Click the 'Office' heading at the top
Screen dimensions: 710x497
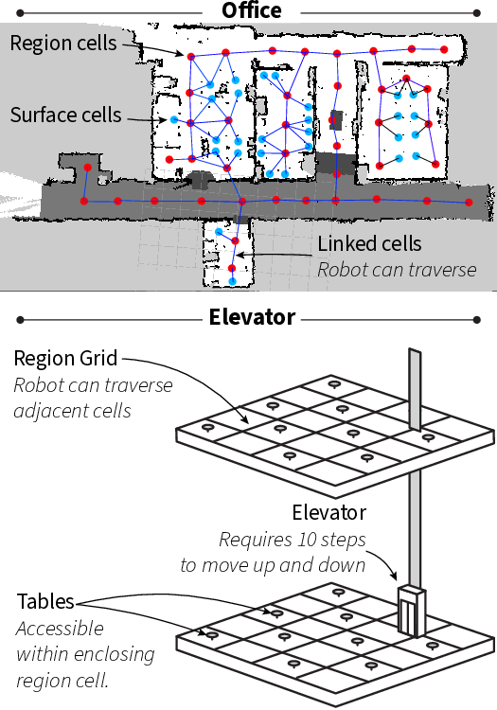point(251,10)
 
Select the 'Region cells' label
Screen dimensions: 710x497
point(63,43)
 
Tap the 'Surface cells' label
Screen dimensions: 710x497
point(65,115)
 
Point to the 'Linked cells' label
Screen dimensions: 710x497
point(369,243)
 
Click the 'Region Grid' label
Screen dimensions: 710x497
point(65,359)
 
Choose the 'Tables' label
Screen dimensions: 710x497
point(46,602)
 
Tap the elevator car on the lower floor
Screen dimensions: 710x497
point(410,611)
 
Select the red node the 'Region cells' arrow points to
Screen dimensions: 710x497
point(190,57)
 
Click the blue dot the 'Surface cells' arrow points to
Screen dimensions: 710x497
point(174,120)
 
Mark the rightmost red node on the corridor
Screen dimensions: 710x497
point(468,204)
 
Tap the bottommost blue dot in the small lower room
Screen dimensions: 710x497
point(232,281)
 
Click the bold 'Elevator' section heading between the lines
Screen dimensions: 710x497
point(251,317)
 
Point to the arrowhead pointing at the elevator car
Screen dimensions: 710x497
point(395,580)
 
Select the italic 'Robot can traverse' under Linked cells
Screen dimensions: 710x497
point(396,269)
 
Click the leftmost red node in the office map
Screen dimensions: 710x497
point(84,201)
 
